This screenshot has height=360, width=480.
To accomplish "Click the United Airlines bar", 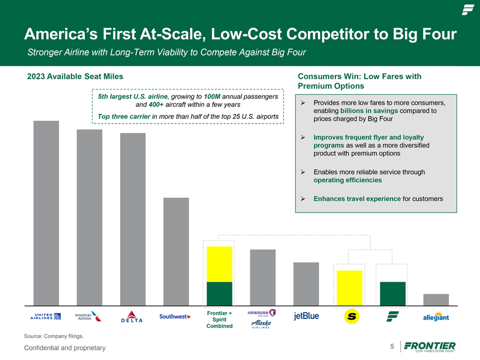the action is (x=46, y=213).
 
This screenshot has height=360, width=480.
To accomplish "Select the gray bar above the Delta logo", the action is (x=133, y=219).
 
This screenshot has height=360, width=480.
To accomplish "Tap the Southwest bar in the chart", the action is (x=176, y=252).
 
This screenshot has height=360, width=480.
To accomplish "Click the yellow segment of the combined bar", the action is (x=220, y=264).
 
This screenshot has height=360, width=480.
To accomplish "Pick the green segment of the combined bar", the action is (x=220, y=294).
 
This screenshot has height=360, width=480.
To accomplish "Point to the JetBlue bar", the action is (x=306, y=284).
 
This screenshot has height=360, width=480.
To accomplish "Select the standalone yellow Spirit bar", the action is (x=349, y=288).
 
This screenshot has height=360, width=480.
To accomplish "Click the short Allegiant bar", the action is (x=436, y=300).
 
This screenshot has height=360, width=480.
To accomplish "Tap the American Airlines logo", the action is (x=88, y=317).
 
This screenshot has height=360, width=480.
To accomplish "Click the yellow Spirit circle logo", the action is (x=352, y=316).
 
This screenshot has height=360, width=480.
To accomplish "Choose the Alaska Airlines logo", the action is (x=261, y=324).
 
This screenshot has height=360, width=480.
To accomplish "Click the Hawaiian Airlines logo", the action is (x=262, y=313).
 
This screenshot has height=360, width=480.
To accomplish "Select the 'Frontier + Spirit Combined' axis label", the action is (x=220, y=320).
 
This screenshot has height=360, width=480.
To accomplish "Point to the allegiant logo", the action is (x=436, y=317).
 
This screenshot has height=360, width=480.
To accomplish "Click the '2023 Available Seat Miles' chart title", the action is (x=75, y=76).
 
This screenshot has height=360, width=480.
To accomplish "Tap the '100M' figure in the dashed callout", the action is (x=212, y=97).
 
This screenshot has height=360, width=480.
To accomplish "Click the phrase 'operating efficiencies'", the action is (x=348, y=180).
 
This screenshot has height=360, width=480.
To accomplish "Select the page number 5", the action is (x=392, y=346).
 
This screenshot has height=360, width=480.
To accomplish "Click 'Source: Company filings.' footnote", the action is (x=54, y=336).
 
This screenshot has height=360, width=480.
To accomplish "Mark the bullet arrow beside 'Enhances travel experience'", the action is (x=303, y=198).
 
